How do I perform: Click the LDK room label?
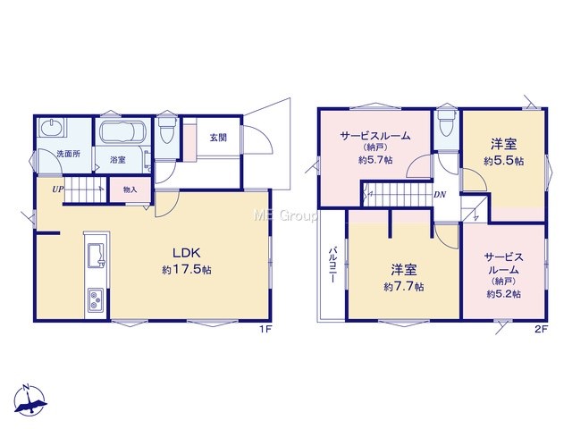(x=186, y=252)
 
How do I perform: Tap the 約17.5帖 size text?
(x=187, y=270)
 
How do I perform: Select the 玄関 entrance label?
(x=218, y=138)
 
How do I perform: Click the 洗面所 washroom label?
(x=68, y=154)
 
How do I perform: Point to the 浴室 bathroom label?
(x=118, y=160)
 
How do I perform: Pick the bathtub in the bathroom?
(x=123, y=132)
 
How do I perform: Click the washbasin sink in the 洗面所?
(x=52, y=128)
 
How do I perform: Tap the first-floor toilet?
(x=167, y=130)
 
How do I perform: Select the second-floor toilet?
(x=447, y=123)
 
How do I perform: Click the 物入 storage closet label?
(x=130, y=189)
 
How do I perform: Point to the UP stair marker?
(x=57, y=189)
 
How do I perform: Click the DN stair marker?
(x=440, y=195)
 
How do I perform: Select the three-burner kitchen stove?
(x=96, y=299)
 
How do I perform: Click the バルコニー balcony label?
(x=332, y=265)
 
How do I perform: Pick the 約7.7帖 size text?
(x=404, y=287)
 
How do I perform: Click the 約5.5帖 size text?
(x=504, y=161)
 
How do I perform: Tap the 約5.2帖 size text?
(x=504, y=294)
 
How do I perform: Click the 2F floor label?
(x=542, y=329)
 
